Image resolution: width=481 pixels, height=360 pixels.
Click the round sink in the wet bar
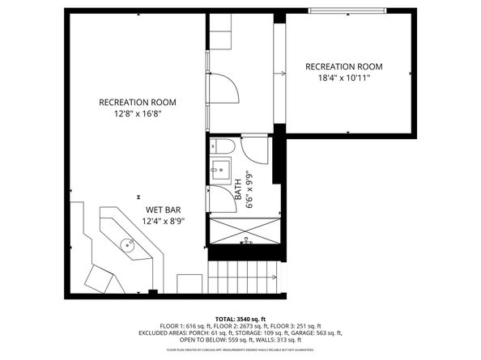click(x=129, y=244)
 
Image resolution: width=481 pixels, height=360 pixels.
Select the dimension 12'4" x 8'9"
click(x=164, y=220)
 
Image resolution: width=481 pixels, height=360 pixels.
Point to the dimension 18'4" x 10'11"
click(x=344, y=78)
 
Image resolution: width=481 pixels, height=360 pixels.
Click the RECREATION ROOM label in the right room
click(x=344, y=66)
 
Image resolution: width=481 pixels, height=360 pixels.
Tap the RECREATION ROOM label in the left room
click(x=138, y=102)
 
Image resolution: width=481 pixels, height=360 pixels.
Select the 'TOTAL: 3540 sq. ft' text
click(x=240, y=320)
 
